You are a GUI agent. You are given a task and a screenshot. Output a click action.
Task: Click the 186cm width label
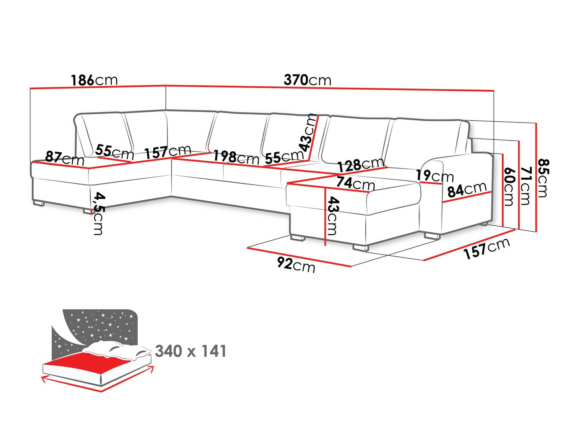tap(94, 80)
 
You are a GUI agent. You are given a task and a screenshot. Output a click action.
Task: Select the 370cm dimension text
tap(307, 80)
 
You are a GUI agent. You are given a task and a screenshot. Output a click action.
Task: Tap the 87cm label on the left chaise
tap(64, 158)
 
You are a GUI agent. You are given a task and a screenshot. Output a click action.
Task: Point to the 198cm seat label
tap(236, 158)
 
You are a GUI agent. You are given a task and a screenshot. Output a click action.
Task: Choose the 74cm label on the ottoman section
tap(356, 183)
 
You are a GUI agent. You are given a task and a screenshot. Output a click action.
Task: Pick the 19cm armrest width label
tap(435, 176)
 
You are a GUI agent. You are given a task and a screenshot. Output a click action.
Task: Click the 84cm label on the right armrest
tap(467, 190)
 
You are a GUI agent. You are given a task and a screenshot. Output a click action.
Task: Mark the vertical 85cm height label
tap(543, 178)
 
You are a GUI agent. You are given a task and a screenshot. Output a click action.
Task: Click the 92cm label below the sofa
tap(296, 265)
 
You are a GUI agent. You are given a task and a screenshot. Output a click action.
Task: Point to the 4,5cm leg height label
tap(98, 213)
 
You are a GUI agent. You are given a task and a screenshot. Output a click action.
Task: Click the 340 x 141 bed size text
tap(191, 351)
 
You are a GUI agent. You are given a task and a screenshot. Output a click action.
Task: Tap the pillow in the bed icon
tap(116, 350)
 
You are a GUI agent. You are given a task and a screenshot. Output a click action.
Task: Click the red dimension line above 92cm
tap(299, 257)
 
